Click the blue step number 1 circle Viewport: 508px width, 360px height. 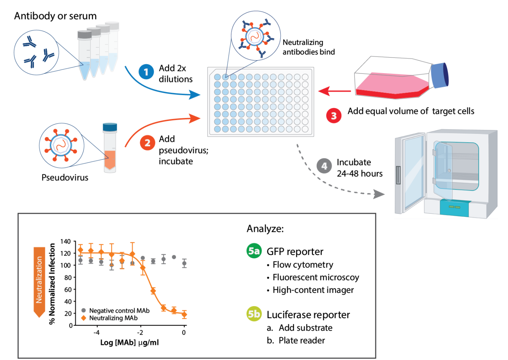146,72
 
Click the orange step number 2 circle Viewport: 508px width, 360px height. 147,143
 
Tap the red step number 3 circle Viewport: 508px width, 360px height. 334,116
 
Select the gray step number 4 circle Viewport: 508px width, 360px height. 324,166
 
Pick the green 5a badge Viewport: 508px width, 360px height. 254,251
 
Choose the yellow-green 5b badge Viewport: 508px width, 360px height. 254,314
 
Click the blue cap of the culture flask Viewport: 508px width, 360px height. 440,75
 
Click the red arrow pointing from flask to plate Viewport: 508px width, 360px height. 334,91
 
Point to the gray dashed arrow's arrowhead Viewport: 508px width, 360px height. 379,194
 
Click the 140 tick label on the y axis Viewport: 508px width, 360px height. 65,242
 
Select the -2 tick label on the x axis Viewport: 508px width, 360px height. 140,333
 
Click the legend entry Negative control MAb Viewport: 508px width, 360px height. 119,311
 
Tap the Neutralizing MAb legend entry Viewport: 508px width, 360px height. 113,318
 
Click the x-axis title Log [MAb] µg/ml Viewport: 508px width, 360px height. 129,343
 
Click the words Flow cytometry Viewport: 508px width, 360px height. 303,265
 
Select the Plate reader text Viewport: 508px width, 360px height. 301,340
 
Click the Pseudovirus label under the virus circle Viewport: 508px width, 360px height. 65,177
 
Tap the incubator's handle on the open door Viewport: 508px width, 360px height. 398,175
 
